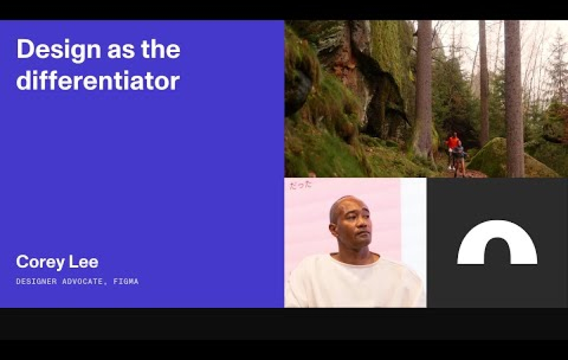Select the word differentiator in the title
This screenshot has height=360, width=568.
(x=98, y=81)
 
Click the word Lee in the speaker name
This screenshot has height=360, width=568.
(x=85, y=261)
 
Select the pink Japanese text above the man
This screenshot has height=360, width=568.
(x=301, y=185)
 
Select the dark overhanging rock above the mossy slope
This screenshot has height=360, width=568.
(x=379, y=85)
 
